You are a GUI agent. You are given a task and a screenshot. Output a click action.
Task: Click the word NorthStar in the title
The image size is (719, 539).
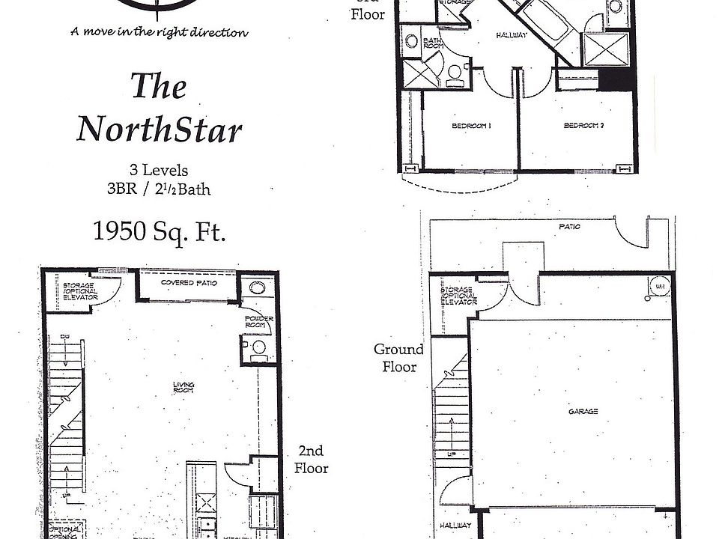coord(160,129)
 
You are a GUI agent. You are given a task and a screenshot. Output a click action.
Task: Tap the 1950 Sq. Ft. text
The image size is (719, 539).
coord(159,231)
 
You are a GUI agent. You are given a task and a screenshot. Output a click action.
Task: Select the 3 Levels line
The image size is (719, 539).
coord(159,171)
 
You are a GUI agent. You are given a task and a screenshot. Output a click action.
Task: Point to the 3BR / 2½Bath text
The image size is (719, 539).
coord(159,188)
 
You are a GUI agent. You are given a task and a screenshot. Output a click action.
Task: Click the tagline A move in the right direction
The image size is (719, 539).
coord(159,31)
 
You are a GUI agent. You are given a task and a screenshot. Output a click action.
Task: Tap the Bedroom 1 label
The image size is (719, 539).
coord(470,126)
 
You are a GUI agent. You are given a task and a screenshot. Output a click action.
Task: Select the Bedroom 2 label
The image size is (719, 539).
coord(583,126)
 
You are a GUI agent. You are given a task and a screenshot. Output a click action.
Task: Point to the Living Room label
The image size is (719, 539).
coord(183,387)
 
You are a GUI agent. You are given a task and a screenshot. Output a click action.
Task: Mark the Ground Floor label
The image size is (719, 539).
coord(398,358)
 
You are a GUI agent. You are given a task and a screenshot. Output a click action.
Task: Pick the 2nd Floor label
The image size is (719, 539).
coord(311,460)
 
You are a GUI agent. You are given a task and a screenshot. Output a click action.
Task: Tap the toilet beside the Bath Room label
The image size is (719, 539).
coord(455,71)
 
